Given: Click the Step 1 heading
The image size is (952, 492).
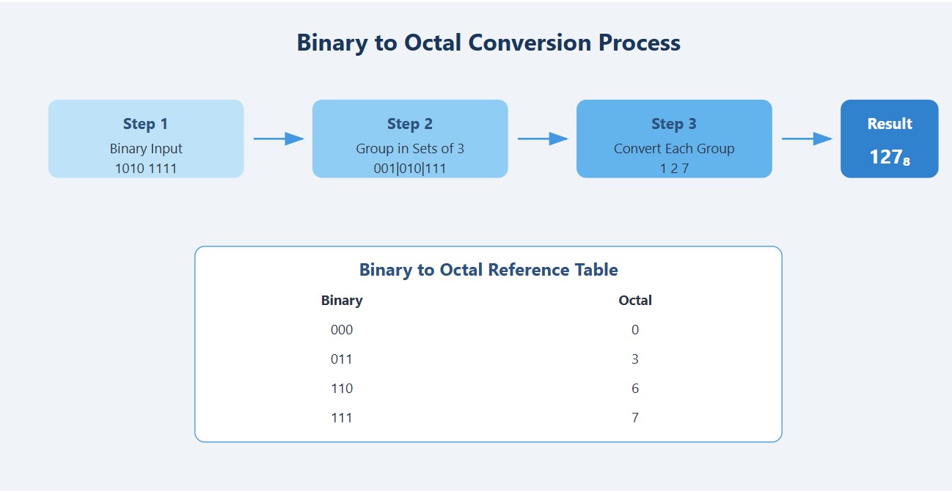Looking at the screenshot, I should [145, 124].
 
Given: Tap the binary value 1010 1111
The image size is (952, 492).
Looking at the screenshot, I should [145, 169].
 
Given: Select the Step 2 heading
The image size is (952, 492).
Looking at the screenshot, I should [409, 124].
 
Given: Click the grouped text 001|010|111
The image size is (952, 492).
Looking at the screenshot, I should [409, 169].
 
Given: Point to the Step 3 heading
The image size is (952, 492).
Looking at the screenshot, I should [673, 124].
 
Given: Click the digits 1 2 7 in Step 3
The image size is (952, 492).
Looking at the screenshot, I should [673, 169].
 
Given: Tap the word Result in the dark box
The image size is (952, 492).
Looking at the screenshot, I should [889, 124].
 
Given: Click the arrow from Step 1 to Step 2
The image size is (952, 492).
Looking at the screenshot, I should [278, 139].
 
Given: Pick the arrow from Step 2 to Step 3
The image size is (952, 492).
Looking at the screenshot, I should [542, 139].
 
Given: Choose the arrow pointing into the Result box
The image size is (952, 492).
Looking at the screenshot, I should [806, 139].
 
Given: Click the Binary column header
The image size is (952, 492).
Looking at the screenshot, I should [342, 301].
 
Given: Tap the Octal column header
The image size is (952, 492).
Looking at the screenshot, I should [635, 301].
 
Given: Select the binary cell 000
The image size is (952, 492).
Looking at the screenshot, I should [342, 330].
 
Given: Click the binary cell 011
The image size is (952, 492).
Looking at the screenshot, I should [342, 359].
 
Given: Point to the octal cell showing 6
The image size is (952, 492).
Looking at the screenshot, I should [635, 389].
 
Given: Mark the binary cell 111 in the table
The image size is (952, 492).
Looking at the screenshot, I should [342, 418].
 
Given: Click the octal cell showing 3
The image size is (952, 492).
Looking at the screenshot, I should [635, 359].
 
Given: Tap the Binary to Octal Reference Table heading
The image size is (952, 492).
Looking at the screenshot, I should [488, 270].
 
